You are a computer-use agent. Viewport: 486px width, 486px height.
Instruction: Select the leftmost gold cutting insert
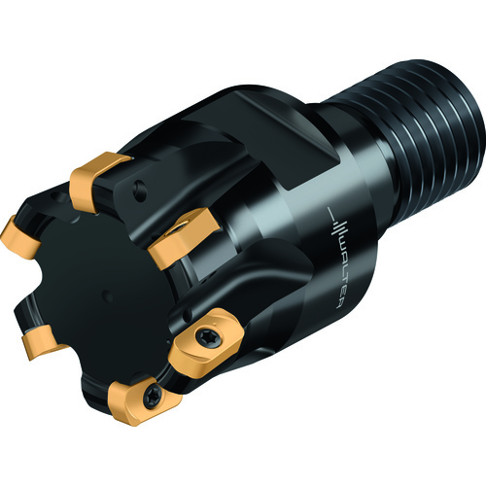(x=19, y=237)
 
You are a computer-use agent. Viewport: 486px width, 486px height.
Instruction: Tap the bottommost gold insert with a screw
(x=143, y=400)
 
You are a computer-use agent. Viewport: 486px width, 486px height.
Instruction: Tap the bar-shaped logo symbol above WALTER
(x=337, y=224)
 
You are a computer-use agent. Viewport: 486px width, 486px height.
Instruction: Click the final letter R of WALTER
(x=337, y=302)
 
